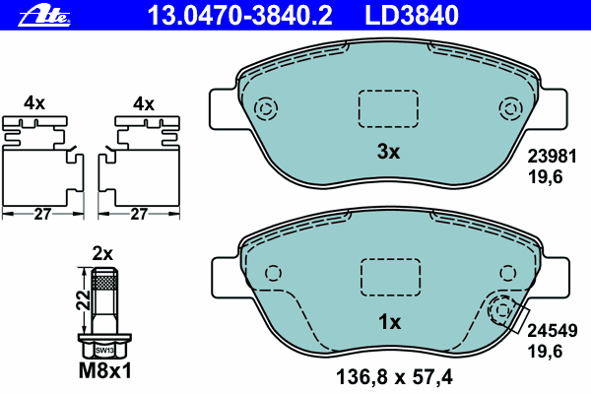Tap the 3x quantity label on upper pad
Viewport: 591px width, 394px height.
(x=389, y=152)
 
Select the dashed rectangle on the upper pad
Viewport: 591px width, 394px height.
(x=389, y=108)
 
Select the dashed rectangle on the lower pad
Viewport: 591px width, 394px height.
(x=389, y=276)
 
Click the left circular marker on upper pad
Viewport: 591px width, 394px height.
(x=265, y=108)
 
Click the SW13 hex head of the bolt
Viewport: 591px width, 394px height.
(x=104, y=348)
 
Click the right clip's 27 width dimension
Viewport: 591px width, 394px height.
(x=140, y=213)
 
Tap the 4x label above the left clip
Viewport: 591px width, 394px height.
(x=35, y=103)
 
